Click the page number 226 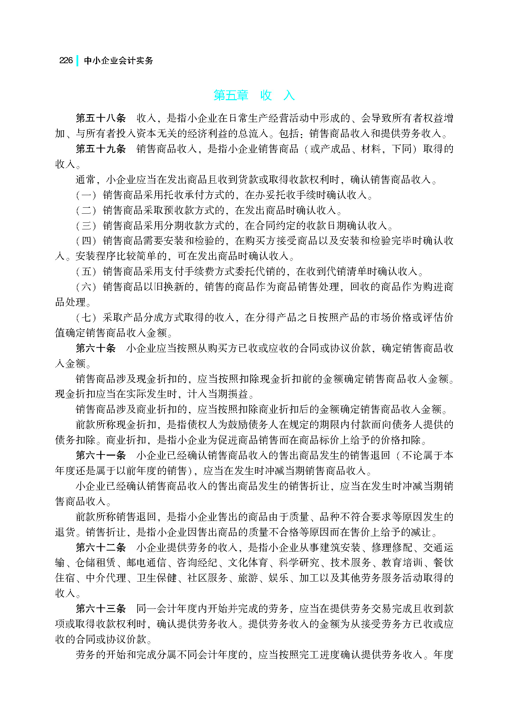(66, 60)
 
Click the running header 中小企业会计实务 (118, 61)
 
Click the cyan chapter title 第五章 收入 (254, 95)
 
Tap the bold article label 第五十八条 (101, 118)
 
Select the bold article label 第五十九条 (101, 149)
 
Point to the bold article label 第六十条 (95, 348)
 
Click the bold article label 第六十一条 (101, 455)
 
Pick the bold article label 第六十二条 (101, 547)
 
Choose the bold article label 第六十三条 (101, 609)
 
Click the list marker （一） (86, 195)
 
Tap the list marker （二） (86, 210)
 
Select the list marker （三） (86, 226)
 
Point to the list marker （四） (86, 241)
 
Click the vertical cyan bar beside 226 (77, 60)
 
